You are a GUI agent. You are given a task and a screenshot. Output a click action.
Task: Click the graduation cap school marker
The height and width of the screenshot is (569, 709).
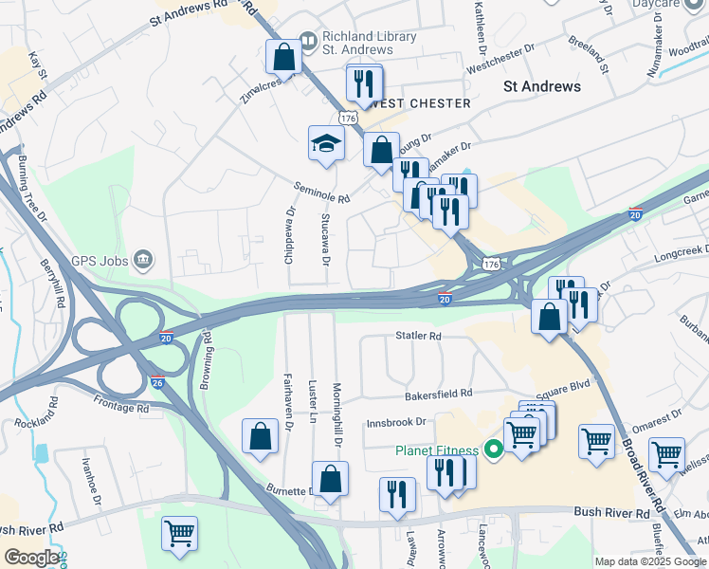tap(326, 145)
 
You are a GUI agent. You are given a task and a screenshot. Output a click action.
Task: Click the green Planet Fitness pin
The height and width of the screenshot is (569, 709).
tap(493, 450)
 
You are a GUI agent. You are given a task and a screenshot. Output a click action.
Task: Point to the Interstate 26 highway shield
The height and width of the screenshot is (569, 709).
tap(158, 381)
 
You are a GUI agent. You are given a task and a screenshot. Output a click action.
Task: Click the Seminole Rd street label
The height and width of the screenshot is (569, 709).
tap(321, 193)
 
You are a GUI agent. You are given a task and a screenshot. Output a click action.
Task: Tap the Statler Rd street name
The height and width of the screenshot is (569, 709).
tap(418, 336)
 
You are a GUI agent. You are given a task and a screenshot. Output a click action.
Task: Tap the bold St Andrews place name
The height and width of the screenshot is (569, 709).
tap(540, 86)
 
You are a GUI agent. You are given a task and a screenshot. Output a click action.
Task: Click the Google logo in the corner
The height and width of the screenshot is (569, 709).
tap(30, 558)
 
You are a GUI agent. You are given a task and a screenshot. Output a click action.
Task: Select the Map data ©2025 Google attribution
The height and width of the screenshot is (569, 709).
tap(649, 561)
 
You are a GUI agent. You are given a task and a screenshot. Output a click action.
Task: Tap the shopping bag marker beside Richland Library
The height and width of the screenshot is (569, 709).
tap(283, 57)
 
